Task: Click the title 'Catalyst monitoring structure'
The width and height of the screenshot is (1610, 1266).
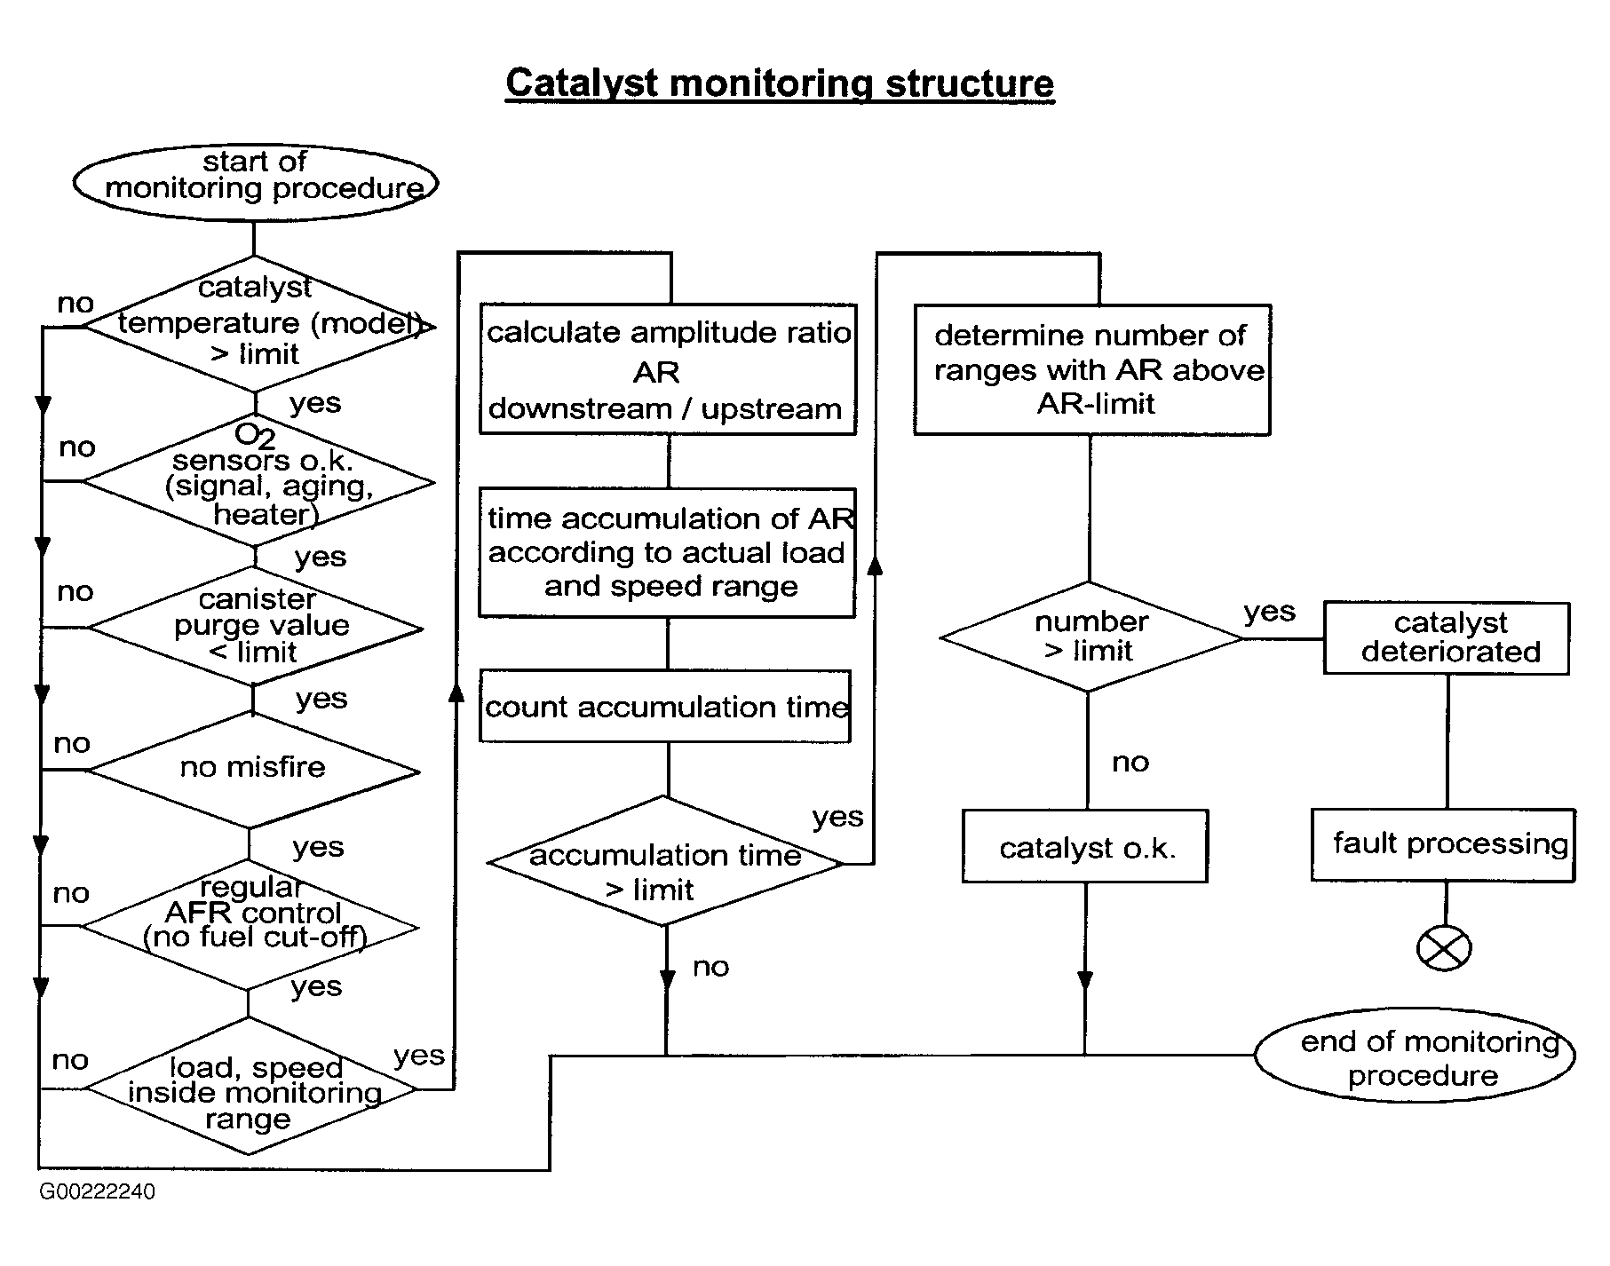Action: click(x=780, y=84)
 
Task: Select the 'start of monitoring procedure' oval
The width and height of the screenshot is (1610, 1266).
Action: click(x=256, y=182)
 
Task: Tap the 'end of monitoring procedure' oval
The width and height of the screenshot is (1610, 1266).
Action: click(x=1415, y=1056)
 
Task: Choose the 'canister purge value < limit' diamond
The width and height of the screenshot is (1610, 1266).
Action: click(x=255, y=627)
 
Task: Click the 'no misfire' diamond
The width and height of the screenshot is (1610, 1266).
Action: click(x=253, y=770)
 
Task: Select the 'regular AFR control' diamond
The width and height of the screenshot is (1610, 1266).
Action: click(x=250, y=925)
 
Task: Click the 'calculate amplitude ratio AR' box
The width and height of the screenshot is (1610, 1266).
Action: click(x=668, y=369)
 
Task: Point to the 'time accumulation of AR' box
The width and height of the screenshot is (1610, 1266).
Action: click(x=667, y=552)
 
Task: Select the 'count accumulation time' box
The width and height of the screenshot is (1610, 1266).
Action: click(x=665, y=707)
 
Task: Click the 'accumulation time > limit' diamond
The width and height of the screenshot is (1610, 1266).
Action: click(x=665, y=861)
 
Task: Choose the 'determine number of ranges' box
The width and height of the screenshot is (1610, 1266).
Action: click(x=1092, y=369)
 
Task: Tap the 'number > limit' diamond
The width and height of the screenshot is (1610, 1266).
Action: click(x=1091, y=637)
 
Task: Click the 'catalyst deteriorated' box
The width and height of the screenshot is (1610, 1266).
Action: click(x=1447, y=638)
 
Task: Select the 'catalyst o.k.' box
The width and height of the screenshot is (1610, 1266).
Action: click(x=1085, y=846)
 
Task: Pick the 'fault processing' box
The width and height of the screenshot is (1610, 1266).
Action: click(x=1443, y=844)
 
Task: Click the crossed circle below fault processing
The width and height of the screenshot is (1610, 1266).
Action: click(x=1444, y=948)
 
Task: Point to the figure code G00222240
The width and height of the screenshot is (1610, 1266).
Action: click(x=97, y=1191)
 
